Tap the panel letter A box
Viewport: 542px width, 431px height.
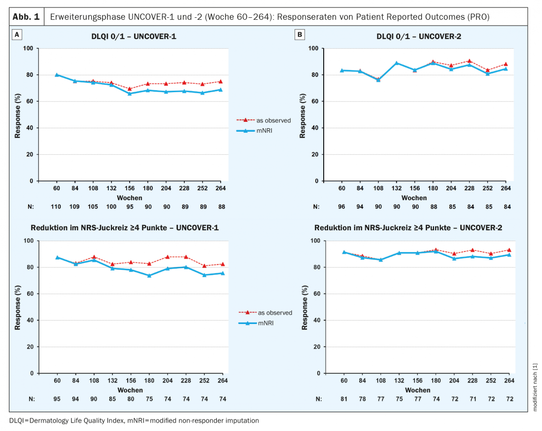17,35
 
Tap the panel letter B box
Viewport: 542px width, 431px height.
299,35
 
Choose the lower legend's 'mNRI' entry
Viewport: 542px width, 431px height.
266,323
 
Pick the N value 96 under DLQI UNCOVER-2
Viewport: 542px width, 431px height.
342,207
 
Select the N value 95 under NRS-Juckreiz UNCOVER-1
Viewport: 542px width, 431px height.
57,399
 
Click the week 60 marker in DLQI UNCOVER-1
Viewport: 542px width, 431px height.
57,75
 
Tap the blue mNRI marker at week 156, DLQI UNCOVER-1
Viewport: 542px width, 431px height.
130,93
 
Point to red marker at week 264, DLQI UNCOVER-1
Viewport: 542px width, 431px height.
220,81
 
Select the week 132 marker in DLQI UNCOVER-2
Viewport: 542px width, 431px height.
396,63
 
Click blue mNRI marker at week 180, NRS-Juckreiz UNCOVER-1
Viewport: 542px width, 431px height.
148,275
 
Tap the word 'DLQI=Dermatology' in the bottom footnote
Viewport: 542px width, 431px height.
37,421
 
